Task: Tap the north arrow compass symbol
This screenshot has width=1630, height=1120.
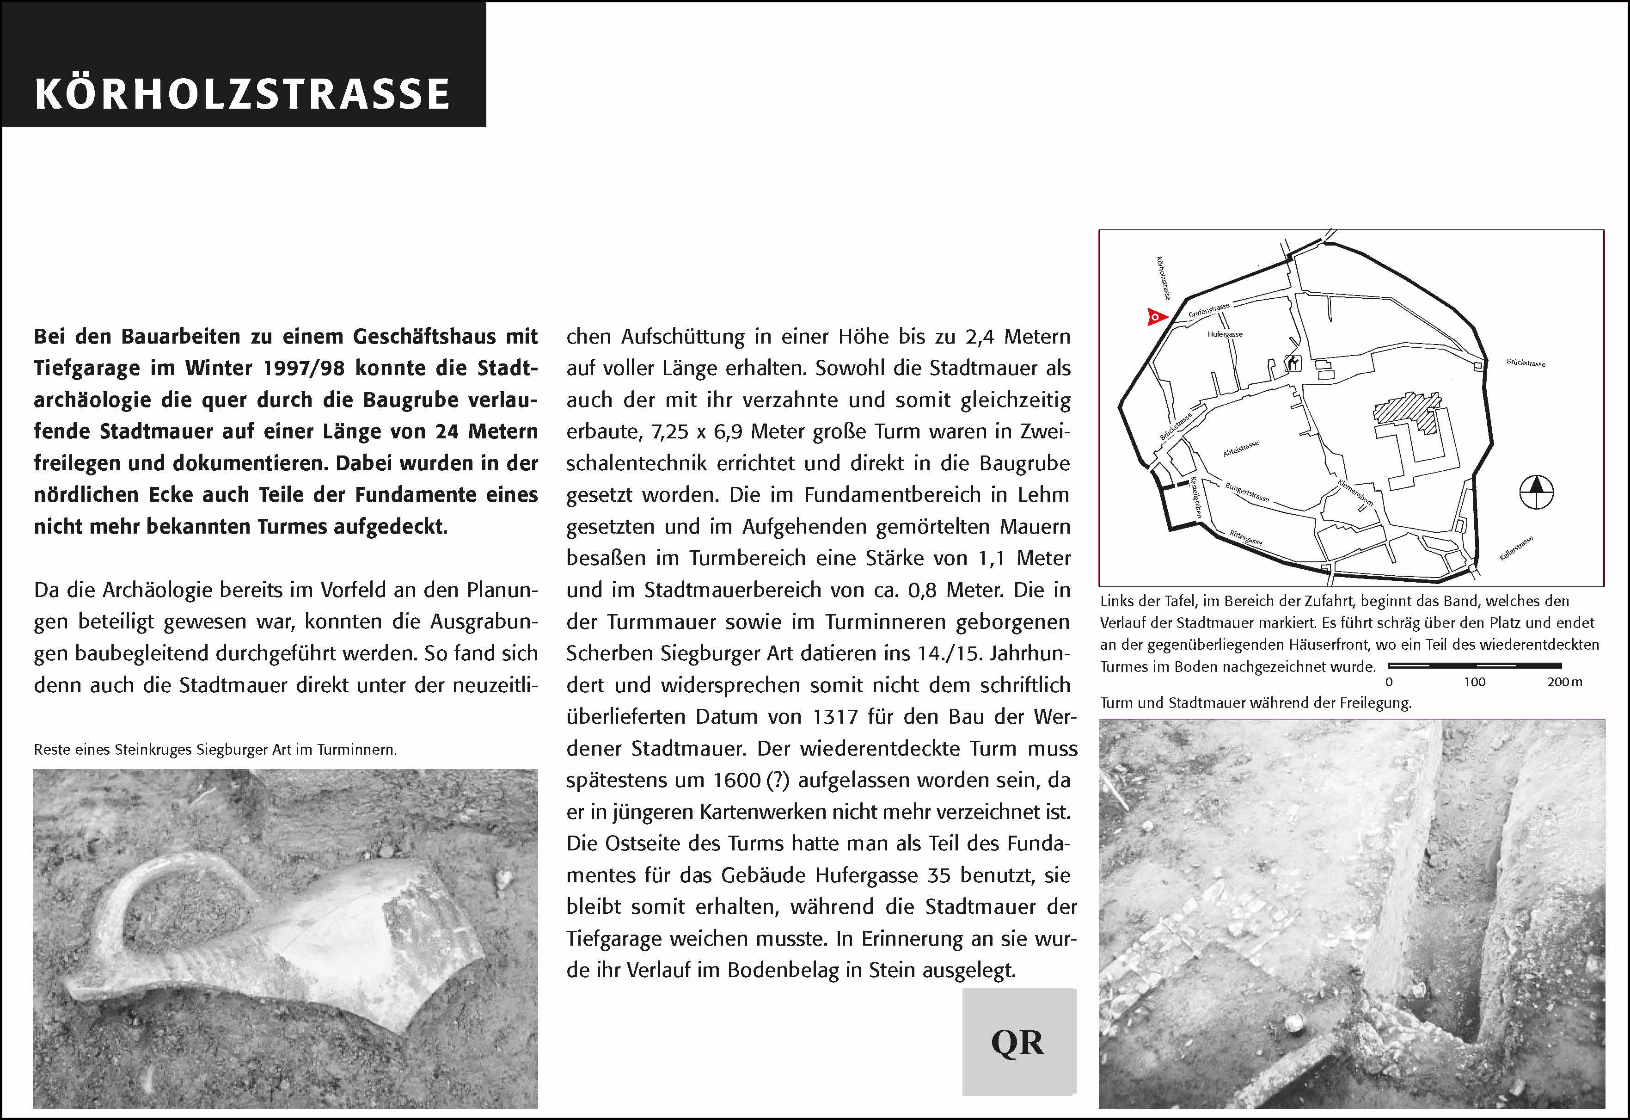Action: [1536, 492]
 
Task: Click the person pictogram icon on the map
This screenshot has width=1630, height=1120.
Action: [1293, 363]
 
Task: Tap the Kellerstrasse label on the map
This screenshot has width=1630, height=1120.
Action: [1516, 548]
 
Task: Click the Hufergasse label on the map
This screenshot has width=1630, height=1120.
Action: [1225, 334]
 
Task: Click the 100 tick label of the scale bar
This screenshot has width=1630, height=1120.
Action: [1474, 682]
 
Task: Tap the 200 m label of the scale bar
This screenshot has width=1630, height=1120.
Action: [1564, 682]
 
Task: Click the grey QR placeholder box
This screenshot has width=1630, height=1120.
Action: [1018, 1042]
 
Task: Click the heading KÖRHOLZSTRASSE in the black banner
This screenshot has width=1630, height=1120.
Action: [242, 94]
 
